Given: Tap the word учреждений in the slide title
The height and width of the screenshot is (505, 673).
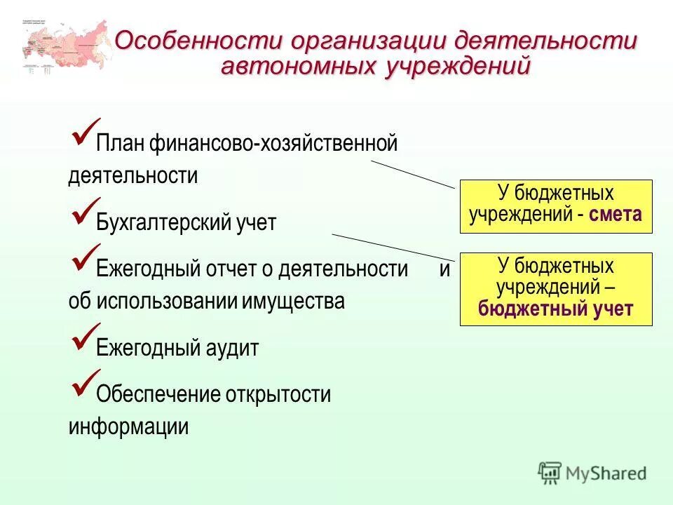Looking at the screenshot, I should point(456,67).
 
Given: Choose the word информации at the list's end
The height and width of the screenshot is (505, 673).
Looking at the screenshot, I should point(128,426).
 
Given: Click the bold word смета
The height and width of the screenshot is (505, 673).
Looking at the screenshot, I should point(616,215).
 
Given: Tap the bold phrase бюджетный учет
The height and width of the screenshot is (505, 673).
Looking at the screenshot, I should point(555,309).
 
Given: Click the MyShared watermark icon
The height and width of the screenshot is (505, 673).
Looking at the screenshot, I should point(550,473).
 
